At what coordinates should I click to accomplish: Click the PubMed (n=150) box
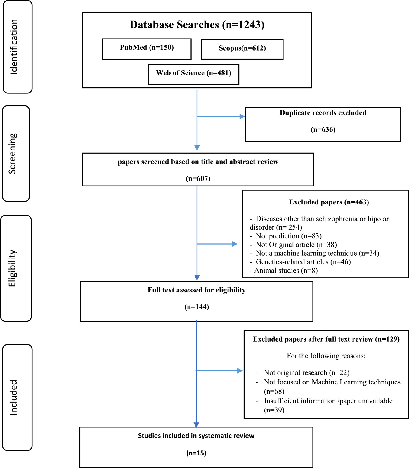[147, 49]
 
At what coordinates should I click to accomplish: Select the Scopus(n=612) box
[242, 49]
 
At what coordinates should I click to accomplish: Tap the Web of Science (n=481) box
[193, 74]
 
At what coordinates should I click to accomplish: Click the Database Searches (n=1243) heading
[197, 25]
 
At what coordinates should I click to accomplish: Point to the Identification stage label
[14, 47]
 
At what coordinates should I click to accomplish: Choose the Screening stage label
[13, 153]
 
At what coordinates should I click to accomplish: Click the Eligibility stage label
[12, 268]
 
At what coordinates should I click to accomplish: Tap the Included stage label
[13, 397]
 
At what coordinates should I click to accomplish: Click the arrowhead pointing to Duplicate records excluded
[242, 117]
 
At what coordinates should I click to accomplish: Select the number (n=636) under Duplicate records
[323, 129]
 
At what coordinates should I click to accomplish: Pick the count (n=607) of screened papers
[198, 178]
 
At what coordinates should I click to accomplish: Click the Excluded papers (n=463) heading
[329, 202]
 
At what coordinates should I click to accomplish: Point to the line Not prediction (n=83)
[286, 236]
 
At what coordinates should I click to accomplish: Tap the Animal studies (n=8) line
[284, 271]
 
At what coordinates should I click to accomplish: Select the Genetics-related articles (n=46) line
[300, 262]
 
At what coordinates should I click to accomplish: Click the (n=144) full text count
[197, 307]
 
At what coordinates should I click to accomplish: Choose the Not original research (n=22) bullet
[302, 372]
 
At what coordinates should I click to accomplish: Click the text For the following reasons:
[326, 356]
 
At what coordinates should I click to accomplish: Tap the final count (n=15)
[196, 453]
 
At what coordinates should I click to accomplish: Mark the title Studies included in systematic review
[196, 436]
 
